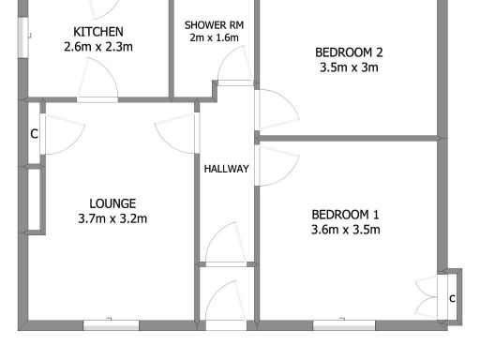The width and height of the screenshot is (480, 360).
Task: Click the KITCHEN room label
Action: [92, 31]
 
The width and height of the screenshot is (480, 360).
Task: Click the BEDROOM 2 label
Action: [348, 52]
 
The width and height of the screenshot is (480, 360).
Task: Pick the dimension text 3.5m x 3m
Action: [348, 68]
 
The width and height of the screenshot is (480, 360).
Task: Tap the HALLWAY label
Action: [227, 169]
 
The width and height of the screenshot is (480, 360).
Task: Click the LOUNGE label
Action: [112, 202]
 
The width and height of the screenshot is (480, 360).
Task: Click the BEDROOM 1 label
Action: [345, 213]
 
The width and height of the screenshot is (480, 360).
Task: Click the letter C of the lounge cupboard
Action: [34, 134]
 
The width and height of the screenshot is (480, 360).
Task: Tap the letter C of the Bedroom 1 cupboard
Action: [452, 298]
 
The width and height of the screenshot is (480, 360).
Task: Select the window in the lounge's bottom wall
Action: [111, 324]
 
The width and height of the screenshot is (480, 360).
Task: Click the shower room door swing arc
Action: [229, 67]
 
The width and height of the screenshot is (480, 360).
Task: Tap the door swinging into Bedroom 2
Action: [277, 111]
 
